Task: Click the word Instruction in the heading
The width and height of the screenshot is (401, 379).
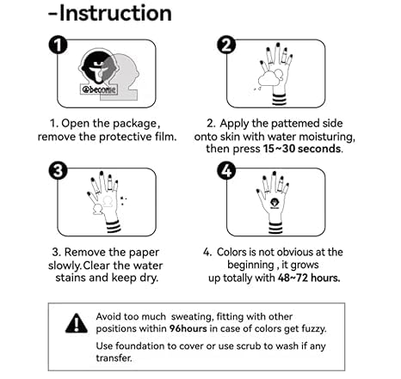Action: coord(115,13)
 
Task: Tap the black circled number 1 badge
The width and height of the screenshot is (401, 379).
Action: coord(58,46)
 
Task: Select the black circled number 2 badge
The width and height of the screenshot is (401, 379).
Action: coord(226,46)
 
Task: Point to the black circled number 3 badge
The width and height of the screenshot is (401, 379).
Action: coord(58,171)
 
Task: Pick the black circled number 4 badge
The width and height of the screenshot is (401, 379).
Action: coord(226,171)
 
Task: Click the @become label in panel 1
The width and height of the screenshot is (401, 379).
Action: coord(99,89)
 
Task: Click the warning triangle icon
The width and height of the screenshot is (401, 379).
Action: coord(77,323)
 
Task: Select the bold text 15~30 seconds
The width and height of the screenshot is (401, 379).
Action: coord(302,149)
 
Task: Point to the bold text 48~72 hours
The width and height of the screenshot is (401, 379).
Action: coord(309,278)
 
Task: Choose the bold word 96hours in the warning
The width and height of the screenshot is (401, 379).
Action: coord(188,328)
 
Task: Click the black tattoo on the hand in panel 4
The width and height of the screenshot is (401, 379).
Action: coord(275,203)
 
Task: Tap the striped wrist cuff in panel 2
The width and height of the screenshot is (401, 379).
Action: coord(279,100)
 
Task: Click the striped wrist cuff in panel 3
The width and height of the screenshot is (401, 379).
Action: coord(113,227)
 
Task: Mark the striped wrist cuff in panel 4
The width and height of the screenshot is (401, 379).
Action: coord(275,228)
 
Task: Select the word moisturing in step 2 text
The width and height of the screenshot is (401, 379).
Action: coord(327,137)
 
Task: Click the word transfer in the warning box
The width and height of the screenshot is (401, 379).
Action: coord(114,358)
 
